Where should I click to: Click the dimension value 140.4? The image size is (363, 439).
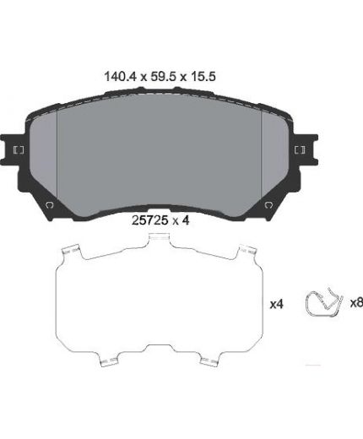click(120, 76)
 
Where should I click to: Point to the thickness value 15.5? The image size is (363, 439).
click(203, 76)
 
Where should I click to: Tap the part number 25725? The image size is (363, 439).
click(150, 220)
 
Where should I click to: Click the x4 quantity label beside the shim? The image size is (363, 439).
click(276, 304)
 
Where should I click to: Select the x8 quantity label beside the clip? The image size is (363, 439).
click(356, 302)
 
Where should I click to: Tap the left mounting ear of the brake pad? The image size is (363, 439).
click(12, 150)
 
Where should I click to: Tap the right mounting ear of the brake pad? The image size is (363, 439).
click(306, 150)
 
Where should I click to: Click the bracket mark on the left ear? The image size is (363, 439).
click(19, 150)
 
